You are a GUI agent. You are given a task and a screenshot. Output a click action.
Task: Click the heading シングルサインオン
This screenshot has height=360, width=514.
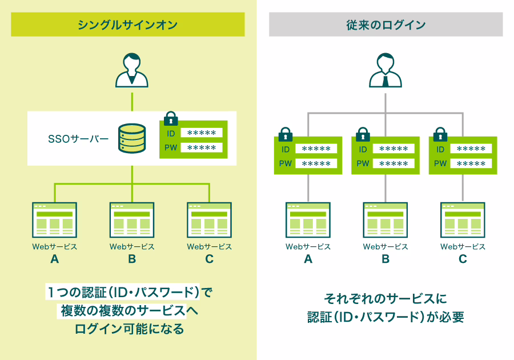(x=128, y=25)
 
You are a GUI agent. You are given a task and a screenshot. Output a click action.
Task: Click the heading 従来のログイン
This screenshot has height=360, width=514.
(x=385, y=25)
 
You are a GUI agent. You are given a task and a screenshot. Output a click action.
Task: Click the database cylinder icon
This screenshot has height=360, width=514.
(x=132, y=138)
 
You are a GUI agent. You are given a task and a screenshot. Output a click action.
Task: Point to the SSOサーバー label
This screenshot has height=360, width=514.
(x=79, y=138)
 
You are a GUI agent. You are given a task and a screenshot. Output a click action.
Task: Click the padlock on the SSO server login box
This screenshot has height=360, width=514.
(x=171, y=119)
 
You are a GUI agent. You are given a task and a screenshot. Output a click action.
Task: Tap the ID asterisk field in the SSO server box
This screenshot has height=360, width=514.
(x=201, y=133)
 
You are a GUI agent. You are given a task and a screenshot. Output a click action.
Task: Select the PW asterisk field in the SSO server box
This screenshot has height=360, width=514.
(x=201, y=148)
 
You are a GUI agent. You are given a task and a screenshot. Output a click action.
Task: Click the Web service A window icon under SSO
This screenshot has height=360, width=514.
(x=55, y=220)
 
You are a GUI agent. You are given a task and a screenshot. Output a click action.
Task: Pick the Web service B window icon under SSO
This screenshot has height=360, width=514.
(x=132, y=220)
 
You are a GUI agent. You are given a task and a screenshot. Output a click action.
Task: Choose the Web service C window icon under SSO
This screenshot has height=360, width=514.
(x=209, y=220)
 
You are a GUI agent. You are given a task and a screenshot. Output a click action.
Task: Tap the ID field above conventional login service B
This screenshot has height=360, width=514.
(x=393, y=149)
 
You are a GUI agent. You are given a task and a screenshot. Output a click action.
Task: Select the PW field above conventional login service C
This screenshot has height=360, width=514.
(x=471, y=163)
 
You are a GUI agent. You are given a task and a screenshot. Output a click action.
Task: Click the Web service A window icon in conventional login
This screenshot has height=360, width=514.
(x=308, y=220)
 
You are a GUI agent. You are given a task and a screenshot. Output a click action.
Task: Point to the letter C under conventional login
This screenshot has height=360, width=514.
(x=463, y=259)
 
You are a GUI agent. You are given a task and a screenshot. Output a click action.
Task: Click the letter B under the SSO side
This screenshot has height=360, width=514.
(x=132, y=259)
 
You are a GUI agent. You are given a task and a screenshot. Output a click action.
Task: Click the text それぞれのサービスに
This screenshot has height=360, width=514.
(x=385, y=298)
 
